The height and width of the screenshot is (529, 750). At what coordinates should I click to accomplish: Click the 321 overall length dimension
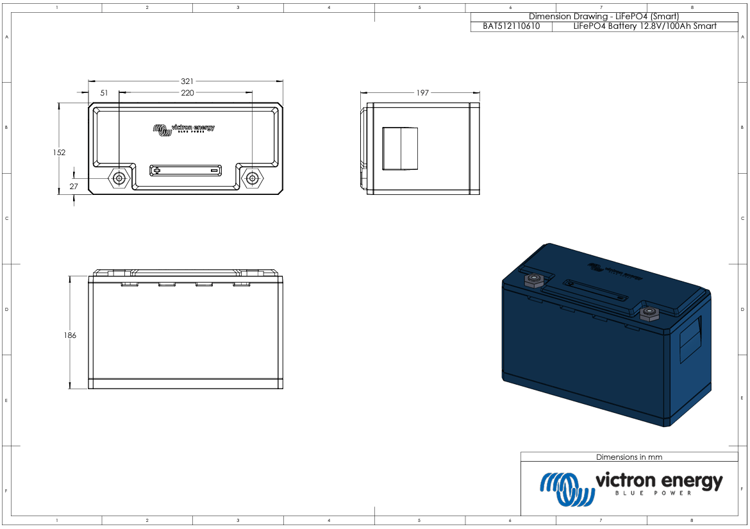(x=187, y=81)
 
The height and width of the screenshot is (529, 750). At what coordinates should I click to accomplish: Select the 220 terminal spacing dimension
(x=187, y=93)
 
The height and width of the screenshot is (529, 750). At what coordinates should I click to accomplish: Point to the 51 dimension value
(x=104, y=93)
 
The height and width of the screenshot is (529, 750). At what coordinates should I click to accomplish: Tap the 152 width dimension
(x=59, y=153)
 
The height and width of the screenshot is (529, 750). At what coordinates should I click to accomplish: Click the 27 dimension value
(x=73, y=186)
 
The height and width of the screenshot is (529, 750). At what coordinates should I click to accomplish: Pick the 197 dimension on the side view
(x=422, y=93)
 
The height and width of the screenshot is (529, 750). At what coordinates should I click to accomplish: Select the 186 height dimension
(x=70, y=335)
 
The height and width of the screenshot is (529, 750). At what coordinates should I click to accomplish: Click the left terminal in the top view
(x=119, y=178)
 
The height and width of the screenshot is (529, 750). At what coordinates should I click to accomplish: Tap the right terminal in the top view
(x=253, y=178)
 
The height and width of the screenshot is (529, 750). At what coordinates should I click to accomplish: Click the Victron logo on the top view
(x=184, y=129)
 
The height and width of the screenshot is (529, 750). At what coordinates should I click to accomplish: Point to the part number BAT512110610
(x=511, y=26)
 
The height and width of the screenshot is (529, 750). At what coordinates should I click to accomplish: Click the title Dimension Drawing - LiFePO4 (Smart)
(x=603, y=16)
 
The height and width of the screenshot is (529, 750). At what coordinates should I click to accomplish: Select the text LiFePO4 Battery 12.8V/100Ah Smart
(x=645, y=26)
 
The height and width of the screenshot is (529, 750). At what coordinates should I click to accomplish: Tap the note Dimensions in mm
(x=629, y=457)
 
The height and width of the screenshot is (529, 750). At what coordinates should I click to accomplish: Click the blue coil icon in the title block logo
(x=565, y=487)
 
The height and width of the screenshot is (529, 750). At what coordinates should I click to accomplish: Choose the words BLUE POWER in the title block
(x=653, y=493)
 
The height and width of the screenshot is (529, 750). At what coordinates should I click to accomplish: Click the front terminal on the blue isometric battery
(x=650, y=314)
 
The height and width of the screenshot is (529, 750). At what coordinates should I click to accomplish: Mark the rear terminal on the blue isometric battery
(x=533, y=280)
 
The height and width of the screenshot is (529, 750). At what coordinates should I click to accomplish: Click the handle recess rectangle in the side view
(x=400, y=149)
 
